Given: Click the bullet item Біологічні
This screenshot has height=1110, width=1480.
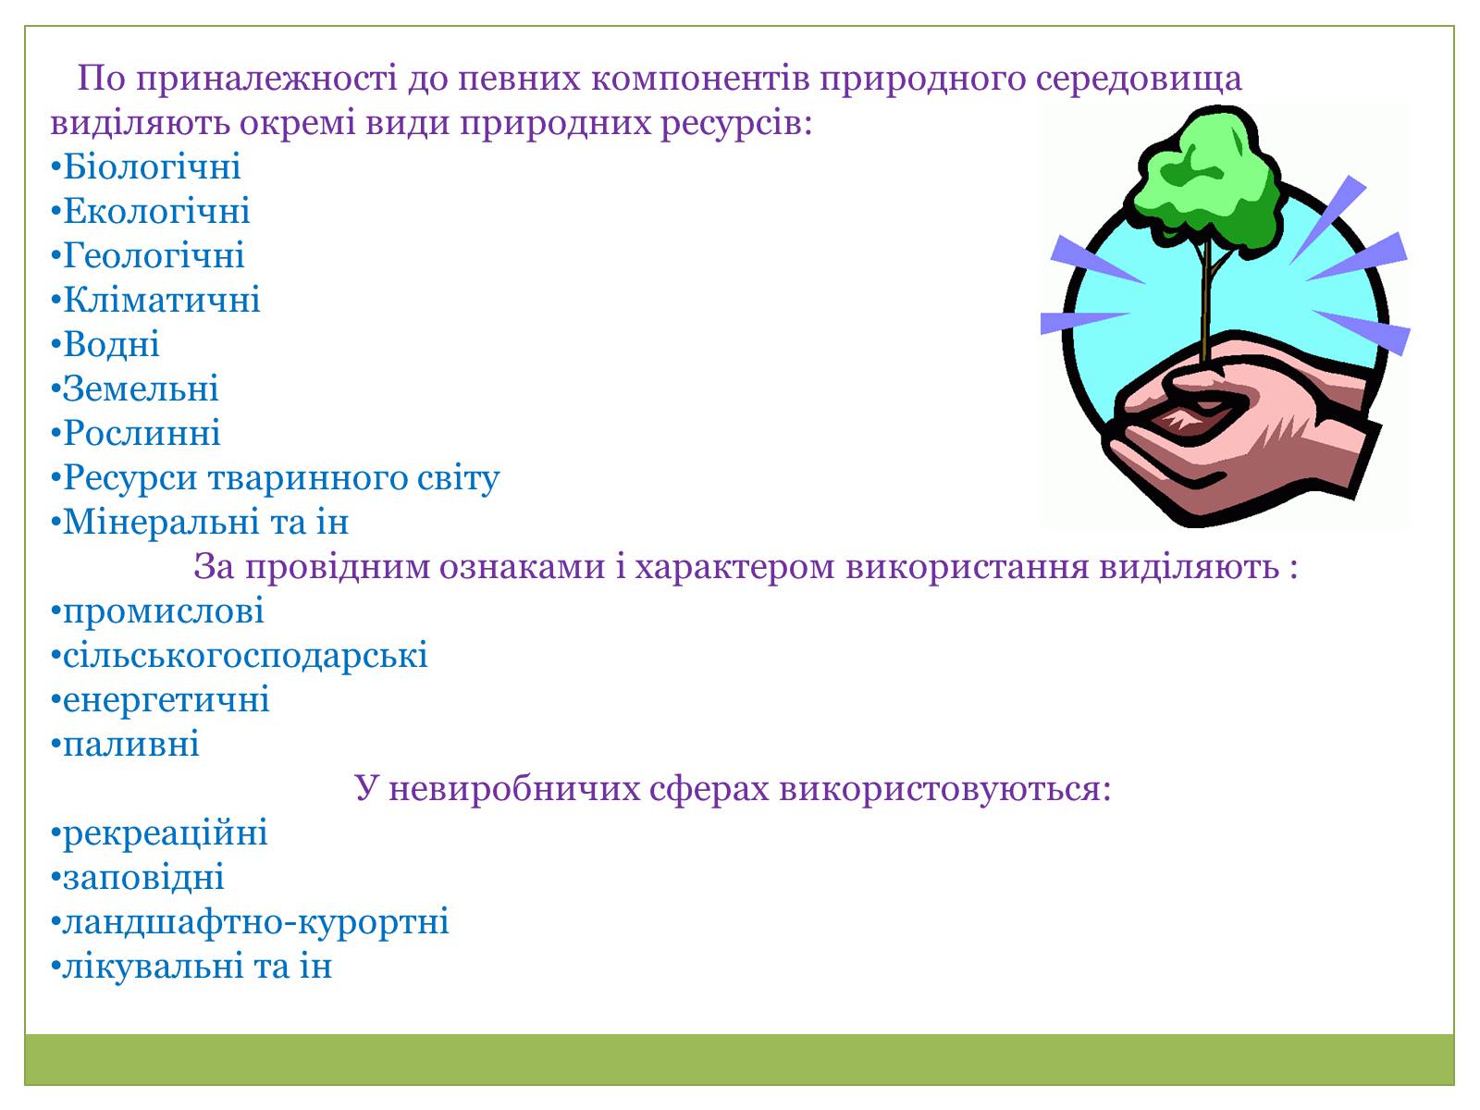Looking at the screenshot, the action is click(x=145, y=166).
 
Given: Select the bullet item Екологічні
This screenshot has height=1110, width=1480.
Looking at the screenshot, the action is click(x=151, y=210).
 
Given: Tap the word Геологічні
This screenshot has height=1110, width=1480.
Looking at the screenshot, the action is click(x=154, y=254).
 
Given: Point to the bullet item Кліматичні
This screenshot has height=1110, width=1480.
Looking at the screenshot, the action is click(x=155, y=299).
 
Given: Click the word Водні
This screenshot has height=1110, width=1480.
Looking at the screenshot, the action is click(x=111, y=344).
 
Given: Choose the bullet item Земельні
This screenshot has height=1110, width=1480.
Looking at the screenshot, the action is click(x=135, y=388).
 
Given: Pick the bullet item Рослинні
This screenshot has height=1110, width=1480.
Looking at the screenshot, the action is click(x=136, y=432).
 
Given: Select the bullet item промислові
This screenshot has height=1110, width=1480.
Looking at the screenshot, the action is click(x=157, y=610).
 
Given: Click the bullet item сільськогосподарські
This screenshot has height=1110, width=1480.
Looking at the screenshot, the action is click(x=240, y=655).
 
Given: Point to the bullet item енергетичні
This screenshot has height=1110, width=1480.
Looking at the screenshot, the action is click(x=160, y=699).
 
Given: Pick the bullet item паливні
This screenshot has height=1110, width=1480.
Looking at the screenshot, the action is click(x=126, y=744).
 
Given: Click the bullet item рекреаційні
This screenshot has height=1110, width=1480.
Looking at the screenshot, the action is click(x=159, y=833).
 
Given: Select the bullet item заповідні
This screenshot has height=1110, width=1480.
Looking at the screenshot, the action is click(x=138, y=878).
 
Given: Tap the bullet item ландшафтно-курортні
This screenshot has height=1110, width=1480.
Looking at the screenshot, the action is click(x=250, y=922).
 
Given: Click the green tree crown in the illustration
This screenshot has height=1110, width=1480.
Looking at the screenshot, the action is click(x=1207, y=179).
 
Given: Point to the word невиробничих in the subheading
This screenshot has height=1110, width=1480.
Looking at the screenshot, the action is click(x=515, y=788).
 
